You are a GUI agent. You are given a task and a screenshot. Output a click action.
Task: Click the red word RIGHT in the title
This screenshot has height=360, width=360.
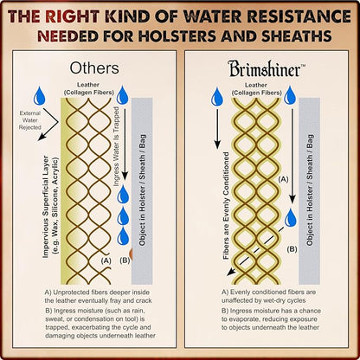point(72,16)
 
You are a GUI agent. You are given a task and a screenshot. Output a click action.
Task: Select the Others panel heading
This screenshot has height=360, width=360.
point(94,68)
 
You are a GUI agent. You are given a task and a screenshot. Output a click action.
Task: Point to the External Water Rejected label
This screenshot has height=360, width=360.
point(30,120)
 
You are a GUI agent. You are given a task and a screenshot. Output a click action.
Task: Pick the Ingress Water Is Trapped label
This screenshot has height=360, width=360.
point(116,146)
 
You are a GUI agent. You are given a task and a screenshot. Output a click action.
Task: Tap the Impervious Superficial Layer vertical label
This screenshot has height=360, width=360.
point(50,207)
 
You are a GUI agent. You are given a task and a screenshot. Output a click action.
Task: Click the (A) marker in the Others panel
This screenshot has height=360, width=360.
point(106,260)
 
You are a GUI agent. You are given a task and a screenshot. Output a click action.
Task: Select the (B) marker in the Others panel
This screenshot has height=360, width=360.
point(125,260)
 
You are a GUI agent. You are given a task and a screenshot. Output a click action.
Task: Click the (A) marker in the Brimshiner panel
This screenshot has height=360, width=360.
point(283,179)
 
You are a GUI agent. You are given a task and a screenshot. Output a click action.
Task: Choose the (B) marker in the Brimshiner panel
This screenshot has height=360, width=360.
point(292,249)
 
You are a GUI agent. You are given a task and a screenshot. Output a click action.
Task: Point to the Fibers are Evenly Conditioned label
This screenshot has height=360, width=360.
point(226,205)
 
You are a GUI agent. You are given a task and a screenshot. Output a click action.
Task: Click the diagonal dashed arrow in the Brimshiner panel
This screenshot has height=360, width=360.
point(255,251)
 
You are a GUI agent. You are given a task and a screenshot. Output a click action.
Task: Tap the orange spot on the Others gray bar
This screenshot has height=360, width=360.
point(131,254)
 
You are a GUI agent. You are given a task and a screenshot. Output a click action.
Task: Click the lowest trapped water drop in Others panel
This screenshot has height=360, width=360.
point(123,236)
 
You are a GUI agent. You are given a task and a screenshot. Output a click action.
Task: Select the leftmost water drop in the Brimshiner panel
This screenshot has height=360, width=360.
point(216,97)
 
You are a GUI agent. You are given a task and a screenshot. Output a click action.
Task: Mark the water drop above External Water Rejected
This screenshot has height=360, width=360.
point(39,96)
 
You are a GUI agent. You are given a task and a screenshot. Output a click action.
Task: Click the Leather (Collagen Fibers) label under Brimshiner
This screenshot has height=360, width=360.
point(256,89)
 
